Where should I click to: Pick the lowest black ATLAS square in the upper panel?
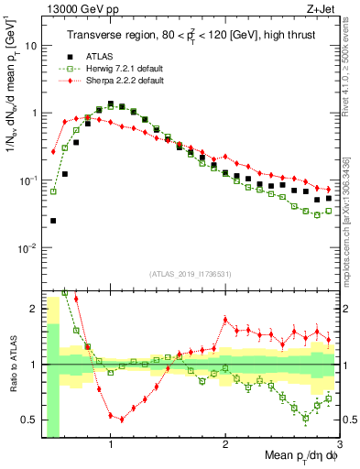[x=53, y=221]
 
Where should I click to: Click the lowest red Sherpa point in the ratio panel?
[x=122, y=419]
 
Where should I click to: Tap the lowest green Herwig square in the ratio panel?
[x=306, y=419]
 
